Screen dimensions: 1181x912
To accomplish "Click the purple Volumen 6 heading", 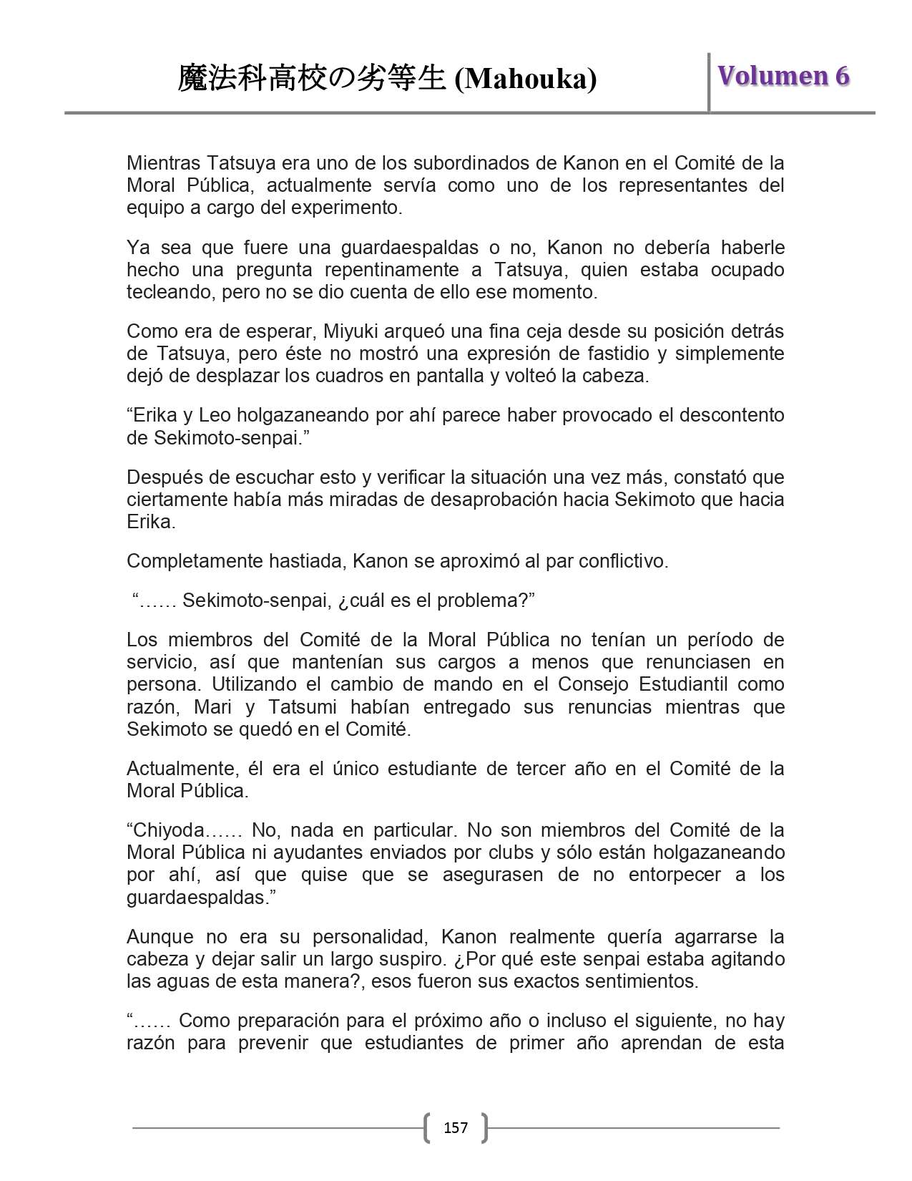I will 783,76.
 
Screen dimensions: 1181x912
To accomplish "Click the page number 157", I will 456,1128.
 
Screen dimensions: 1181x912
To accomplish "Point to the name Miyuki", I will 352,331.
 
